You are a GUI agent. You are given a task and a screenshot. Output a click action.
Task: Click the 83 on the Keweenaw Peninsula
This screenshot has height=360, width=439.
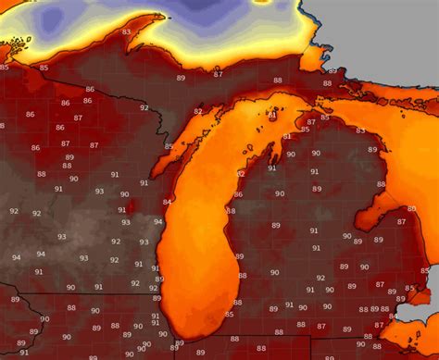127,31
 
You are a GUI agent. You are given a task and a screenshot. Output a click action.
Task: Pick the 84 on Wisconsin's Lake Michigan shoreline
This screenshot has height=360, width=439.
167,202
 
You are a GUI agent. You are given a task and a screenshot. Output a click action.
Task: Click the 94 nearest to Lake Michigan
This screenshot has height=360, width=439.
157,222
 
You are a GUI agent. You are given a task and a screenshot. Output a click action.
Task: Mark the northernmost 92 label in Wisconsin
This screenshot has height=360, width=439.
144,107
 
